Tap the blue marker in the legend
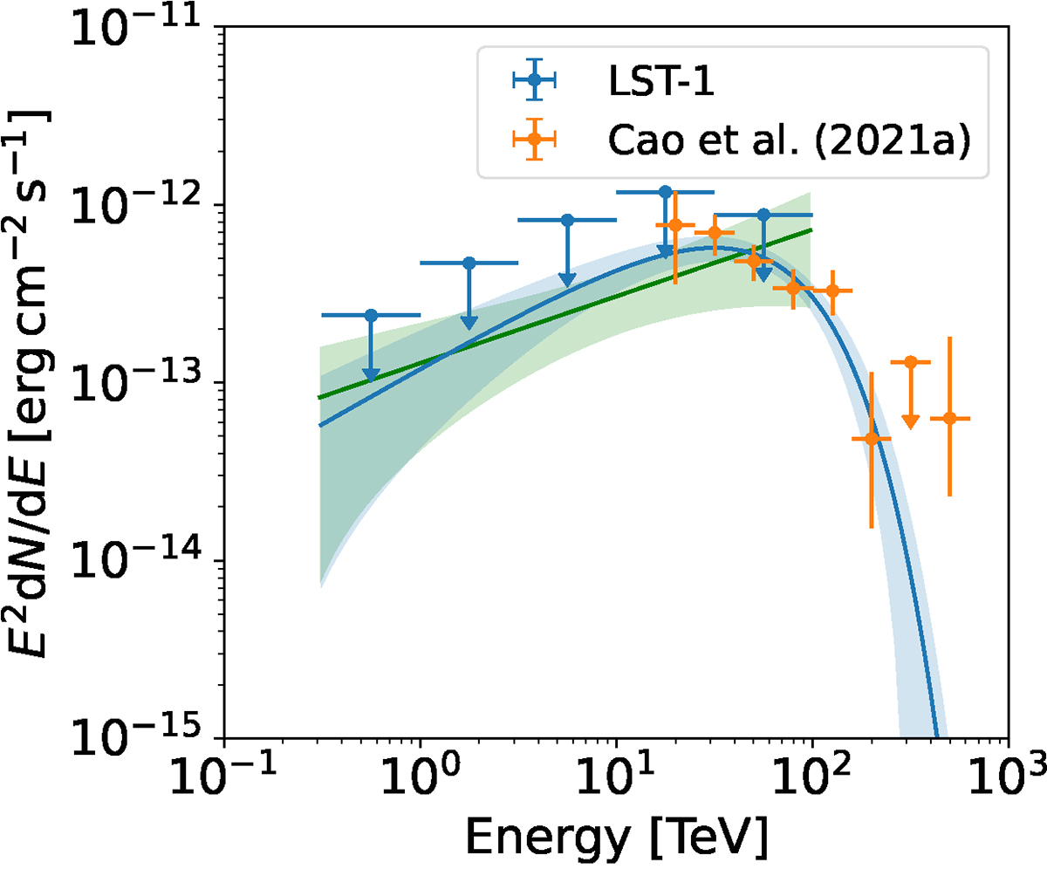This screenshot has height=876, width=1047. [535, 80]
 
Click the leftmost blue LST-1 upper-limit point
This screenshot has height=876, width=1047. [371, 315]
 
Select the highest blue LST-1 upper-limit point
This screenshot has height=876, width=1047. [665, 192]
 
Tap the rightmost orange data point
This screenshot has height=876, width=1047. [949, 419]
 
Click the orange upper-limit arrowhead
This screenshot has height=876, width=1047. [910, 421]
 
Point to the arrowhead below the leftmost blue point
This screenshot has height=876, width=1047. [371, 376]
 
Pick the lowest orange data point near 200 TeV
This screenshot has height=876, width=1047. [871, 438]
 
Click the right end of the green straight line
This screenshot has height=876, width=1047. [811, 229]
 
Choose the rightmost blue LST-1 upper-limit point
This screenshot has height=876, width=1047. [763, 215]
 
